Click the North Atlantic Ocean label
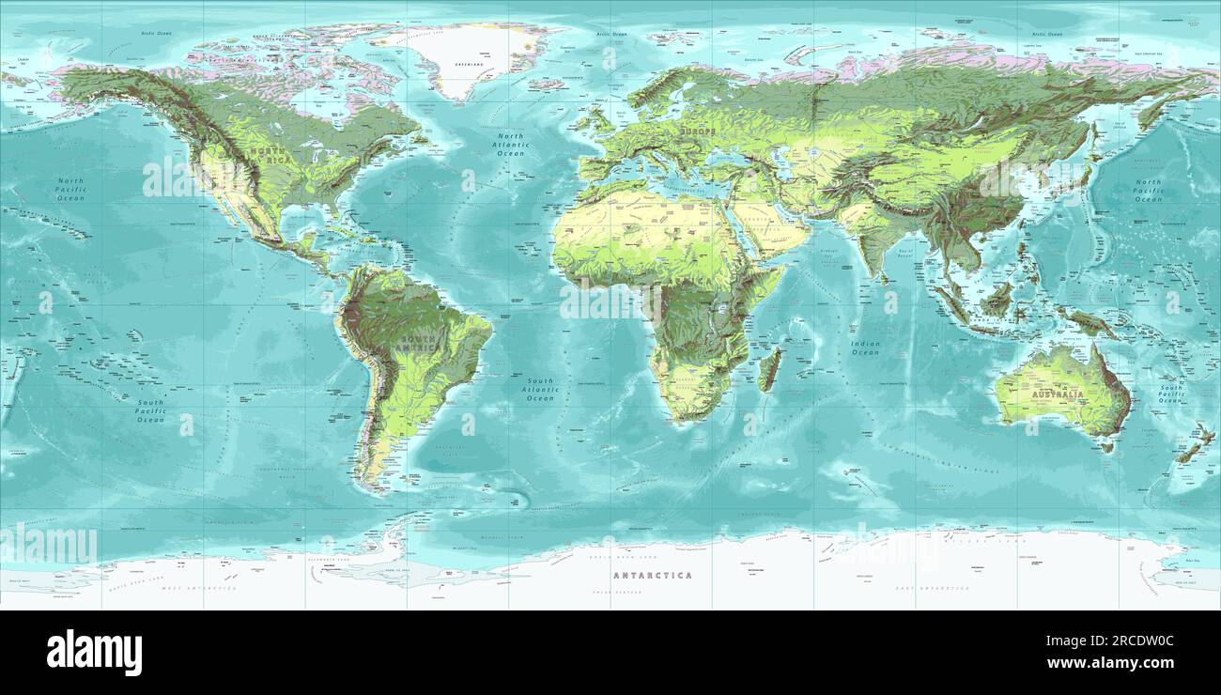point(513,145)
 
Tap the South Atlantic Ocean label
point(540,390)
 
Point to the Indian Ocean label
point(865,347)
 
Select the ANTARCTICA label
point(652,575)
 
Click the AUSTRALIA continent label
point(1058,395)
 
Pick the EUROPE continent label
point(698,132)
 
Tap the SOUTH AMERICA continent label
point(418,344)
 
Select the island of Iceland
point(546,84)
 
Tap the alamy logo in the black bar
point(94,653)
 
